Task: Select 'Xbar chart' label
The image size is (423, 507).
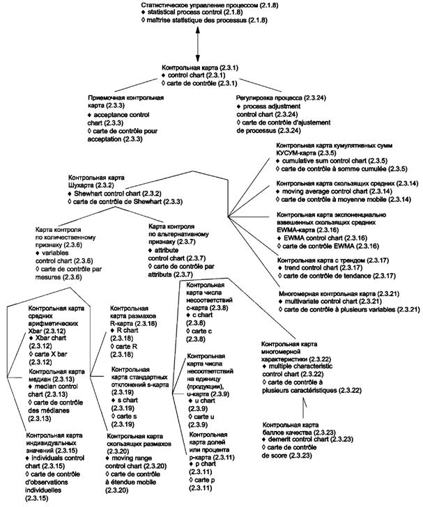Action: coord(53,337)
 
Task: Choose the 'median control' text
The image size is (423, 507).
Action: coord(56,384)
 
